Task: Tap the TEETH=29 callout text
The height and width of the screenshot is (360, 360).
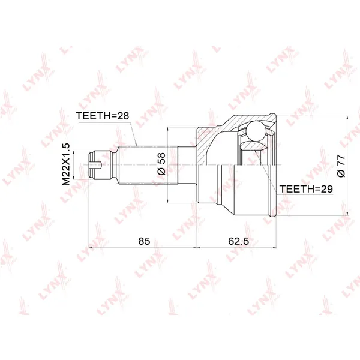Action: (306, 189)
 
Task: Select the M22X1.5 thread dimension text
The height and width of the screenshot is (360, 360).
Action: (66, 164)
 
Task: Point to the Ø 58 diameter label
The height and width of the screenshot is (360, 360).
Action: (161, 164)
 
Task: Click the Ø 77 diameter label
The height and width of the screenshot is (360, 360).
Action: (341, 166)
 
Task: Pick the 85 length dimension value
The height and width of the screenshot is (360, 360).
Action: (144, 241)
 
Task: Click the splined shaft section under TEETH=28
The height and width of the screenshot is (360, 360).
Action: (149, 165)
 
